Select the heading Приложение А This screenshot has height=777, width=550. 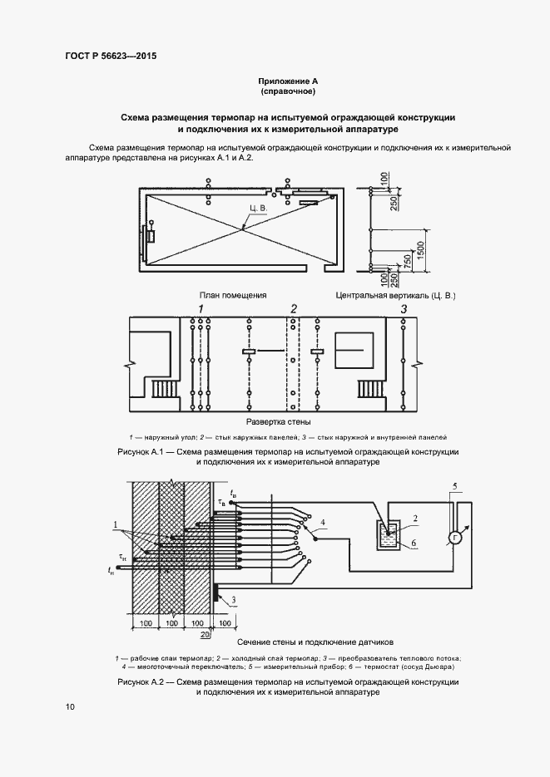288,80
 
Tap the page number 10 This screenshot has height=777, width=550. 69,706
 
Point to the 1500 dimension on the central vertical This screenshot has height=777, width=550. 423,248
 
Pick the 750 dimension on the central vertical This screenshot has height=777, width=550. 407,260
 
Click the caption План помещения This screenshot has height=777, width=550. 233,294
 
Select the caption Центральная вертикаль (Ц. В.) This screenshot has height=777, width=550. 395,294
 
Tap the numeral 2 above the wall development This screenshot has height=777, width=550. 293,309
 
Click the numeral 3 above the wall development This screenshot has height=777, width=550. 403,309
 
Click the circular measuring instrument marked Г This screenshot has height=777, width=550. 455,538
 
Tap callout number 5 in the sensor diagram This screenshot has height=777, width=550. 453,485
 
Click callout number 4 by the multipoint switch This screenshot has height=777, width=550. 325,521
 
